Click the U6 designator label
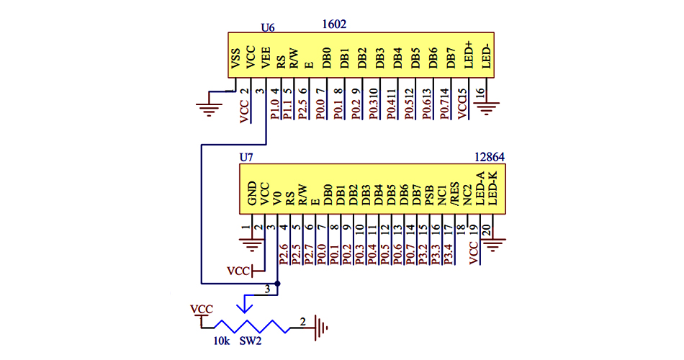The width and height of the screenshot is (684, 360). [267, 27]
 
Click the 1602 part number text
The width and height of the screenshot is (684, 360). [335, 24]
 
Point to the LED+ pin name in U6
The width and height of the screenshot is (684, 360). [469, 55]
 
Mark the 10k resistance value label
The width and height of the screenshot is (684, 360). [221, 341]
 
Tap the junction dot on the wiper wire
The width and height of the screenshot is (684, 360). [277, 283]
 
